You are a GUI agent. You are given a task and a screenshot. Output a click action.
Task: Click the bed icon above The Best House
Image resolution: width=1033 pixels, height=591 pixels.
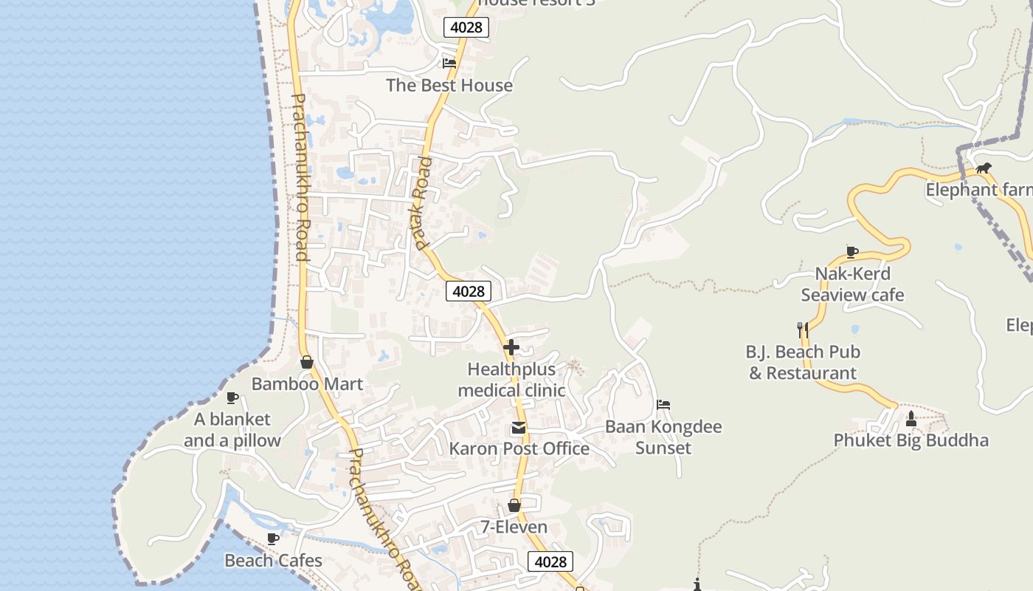(449, 63)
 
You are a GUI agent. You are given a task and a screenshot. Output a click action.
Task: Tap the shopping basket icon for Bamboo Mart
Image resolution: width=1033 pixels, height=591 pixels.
(307, 362)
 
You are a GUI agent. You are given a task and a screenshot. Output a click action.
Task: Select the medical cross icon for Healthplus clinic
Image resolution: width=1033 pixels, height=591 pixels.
(511, 346)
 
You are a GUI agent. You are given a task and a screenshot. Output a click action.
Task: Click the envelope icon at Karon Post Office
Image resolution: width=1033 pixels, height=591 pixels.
(518, 428)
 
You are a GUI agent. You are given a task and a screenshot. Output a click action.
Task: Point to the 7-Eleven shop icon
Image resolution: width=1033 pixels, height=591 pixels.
(514, 505)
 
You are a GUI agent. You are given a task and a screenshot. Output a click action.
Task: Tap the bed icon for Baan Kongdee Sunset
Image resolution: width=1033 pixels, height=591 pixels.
(663, 405)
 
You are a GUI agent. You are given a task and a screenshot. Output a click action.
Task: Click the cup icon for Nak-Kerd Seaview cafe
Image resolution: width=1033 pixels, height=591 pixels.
(852, 252)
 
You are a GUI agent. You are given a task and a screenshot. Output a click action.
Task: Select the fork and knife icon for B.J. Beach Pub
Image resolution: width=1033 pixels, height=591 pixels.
(803, 329)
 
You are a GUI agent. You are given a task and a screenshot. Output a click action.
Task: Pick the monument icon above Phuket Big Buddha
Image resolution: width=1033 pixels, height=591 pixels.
(911, 419)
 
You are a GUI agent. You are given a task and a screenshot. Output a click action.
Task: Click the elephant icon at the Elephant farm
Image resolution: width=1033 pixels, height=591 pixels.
(983, 168)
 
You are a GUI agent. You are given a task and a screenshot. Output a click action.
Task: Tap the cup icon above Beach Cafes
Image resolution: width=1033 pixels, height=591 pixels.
(272, 539)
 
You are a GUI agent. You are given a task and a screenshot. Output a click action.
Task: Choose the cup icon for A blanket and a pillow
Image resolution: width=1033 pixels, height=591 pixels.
(232, 397)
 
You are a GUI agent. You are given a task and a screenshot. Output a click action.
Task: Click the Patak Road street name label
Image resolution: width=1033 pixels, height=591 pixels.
(421, 203)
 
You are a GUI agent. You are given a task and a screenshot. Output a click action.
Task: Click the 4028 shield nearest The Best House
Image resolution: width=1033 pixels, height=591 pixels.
(466, 27)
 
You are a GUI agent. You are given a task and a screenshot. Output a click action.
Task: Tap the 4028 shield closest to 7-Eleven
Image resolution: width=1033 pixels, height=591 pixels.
(550, 561)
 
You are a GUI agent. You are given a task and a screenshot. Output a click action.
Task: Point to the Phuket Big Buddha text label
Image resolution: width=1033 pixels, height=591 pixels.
(911, 440)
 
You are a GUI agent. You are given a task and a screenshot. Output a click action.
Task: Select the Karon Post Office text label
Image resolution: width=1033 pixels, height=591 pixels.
(519, 448)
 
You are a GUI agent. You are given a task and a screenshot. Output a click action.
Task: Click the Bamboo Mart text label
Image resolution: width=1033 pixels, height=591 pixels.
(307, 384)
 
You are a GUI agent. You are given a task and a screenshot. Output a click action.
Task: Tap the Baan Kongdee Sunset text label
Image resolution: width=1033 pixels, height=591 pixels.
(663, 437)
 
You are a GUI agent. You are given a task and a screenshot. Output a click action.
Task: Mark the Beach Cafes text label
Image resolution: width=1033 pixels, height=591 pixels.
(273, 561)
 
